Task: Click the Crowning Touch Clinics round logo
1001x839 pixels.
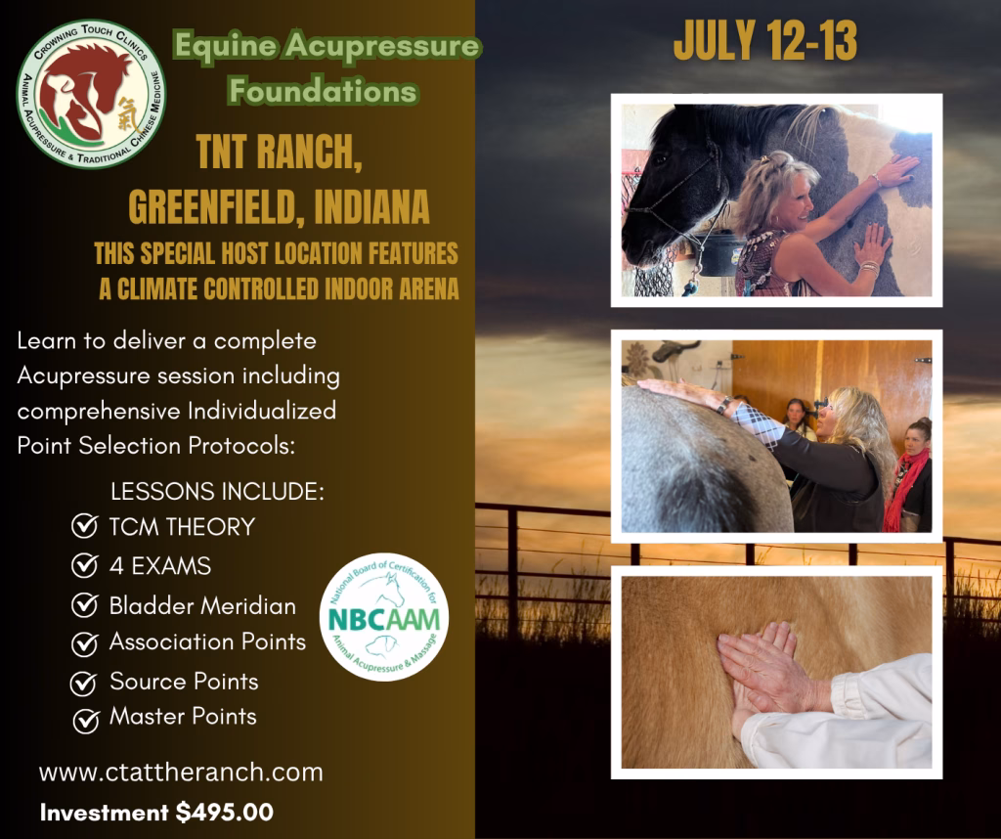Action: (91, 94)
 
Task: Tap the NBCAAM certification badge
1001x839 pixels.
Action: (383, 617)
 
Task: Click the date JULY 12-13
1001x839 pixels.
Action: (765, 41)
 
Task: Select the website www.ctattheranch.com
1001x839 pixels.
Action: (181, 772)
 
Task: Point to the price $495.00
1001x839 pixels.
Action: (225, 813)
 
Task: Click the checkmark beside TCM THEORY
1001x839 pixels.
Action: (84, 527)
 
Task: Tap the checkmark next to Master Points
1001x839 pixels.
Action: (86, 721)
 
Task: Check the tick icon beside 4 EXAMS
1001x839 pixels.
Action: (84, 565)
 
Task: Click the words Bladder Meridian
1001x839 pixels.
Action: (202, 605)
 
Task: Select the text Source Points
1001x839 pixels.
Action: (184, 681)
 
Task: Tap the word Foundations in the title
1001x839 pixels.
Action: (323, 90)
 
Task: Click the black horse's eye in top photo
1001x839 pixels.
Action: (662, 157)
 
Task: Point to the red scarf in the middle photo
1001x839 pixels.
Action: (905, 486)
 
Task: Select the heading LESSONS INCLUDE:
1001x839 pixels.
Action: (217, 491)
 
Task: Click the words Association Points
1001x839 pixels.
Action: (207, 641)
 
